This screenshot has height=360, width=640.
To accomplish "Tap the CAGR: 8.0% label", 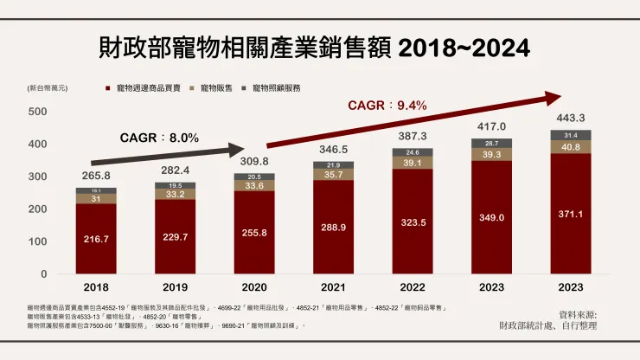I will tap(159, 137).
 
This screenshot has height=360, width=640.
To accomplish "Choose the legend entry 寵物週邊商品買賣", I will tap(149, 88).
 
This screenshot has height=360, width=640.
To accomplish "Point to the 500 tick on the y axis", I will tap(37, 112).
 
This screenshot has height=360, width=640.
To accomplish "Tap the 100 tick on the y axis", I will tap(37, 241).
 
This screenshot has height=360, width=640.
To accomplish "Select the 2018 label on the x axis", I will tap(97, 286).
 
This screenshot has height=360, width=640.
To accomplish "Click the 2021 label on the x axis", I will tap(334, 286).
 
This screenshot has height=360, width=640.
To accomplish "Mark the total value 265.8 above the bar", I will tap(96, 176).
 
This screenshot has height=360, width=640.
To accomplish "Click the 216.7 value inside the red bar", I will tap(96, 238).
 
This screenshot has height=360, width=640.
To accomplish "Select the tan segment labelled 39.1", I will tap(413, 163).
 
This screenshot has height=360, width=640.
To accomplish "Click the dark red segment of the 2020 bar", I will tap(254, 233).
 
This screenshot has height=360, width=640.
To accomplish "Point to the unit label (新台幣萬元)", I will tap(48, 88).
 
